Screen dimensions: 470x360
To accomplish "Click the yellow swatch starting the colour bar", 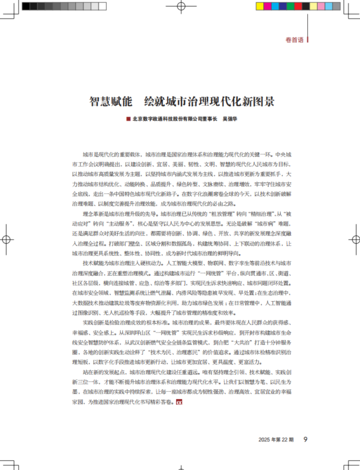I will [259, 6].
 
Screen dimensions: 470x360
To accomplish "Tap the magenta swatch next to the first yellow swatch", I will [267, 6].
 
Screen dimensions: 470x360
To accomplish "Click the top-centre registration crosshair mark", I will [180, 7].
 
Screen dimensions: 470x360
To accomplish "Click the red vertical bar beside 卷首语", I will [307, 40].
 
